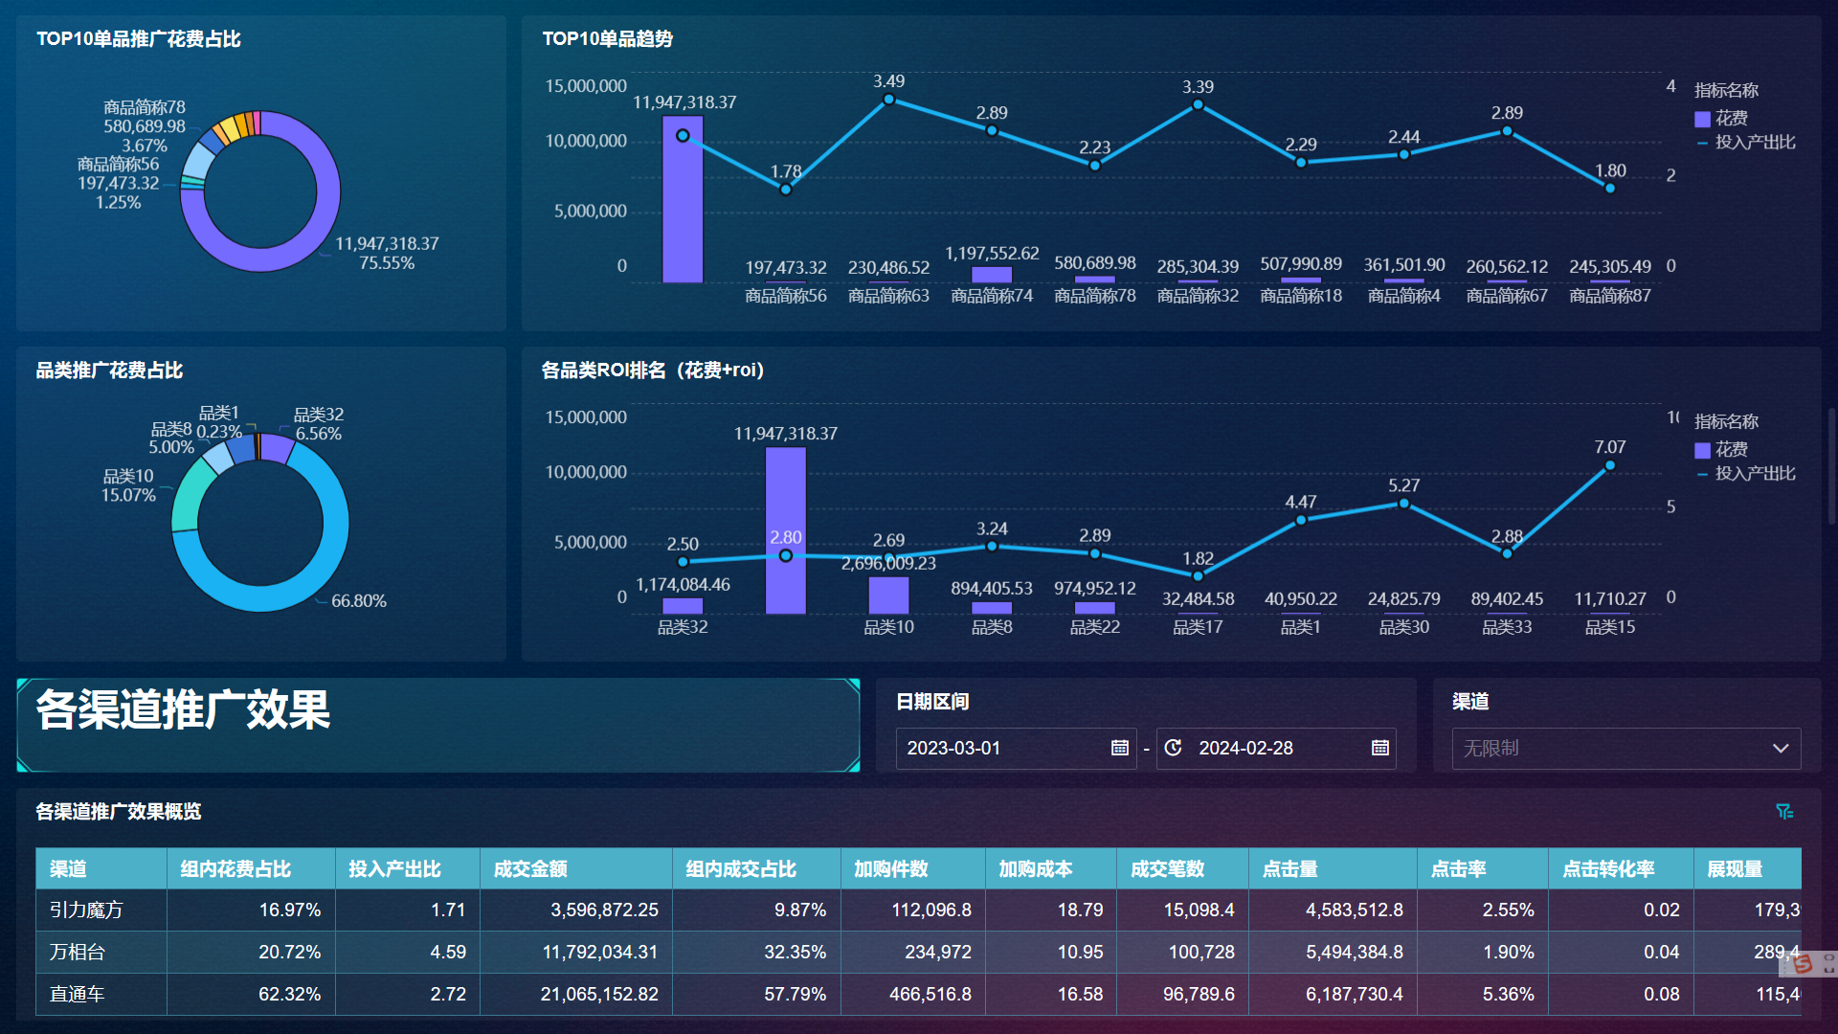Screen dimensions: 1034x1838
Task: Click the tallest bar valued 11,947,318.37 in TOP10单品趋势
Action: (683, 211)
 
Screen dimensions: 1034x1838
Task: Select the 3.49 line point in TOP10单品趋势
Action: (888, 100)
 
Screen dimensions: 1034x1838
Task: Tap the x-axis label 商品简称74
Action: (992, 296)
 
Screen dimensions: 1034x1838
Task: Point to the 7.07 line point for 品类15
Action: (1610, 466)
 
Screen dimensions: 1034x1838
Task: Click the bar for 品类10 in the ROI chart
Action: (888, 595)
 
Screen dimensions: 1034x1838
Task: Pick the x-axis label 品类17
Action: (1198, 627)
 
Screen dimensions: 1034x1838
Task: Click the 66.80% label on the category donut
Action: (359, 601)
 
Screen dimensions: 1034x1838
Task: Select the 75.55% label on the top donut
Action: (387, 263)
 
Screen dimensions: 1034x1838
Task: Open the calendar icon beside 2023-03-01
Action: (1120, 748)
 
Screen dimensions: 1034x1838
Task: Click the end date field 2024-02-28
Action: (1245, 748)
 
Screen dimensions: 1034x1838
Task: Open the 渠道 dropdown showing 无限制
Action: (1625, 748)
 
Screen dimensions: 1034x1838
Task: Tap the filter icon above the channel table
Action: (1784, 812)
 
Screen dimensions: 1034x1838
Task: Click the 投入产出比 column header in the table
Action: (394, 869)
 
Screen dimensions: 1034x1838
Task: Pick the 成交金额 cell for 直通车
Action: (599, 995)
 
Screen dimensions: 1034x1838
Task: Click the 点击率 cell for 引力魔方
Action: (1508, 910)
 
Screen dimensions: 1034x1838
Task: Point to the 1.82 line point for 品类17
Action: (1198, 576)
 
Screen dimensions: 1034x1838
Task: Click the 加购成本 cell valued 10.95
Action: (1080, 953)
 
